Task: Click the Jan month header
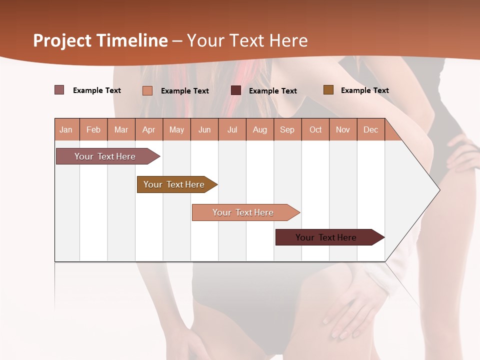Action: pyautogui.click(x=66, y=130)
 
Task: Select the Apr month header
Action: pyautogui.click(x=148, y=130)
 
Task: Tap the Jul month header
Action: pyautogui.click(x=232, y=130)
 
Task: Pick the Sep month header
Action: pyautogui.click(x=287, y=130)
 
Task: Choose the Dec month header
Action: pyautogui.click(x=370, y=130)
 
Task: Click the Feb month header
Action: pyautogui.click(x=93, y=130)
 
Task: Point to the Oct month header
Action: pyautogui.click(x=315, y=130)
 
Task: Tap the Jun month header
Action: pyautogui.click(x=204, y=130)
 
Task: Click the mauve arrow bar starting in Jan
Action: pyautogui.click(x=105, y=156)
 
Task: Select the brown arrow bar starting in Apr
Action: pyautogui.click(x=174, y=184)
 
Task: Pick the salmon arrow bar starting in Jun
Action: pyautogui.click(x=243, y=212)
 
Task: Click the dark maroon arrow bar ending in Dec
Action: pyautogui.click(x=326, y=237)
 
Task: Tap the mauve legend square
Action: pyautogui.click(x=59, y=90)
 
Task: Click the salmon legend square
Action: pyautogui.click(x=147, y=90)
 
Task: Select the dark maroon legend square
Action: pyautogui.click(x=236, y=90)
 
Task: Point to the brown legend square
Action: pyautogui.click(x=328, y=90)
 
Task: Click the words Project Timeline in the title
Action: pyautogui.click(x=100, y=40)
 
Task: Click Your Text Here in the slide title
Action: pyautogui.click(x=247, y=40)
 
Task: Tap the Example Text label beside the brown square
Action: pyautogui.click(x=364, y=90)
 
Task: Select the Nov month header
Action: pyautogui.click(x=343, y=130)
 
